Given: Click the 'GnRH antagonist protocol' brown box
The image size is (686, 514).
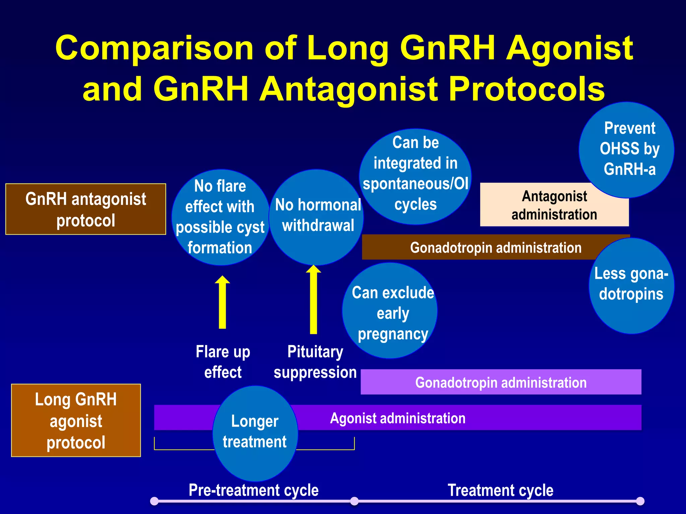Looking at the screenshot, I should (x=86, y=209).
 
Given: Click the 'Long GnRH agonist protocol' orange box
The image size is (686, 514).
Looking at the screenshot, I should (x=76, y=420).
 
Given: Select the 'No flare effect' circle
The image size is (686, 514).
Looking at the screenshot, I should (x=220, y=217).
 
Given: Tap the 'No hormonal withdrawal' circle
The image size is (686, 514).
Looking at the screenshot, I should (x=317, y=217).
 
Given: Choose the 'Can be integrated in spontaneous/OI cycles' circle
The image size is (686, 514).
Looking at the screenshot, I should (x=415, y=176).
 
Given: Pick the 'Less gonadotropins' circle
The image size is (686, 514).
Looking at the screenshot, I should (x=631, y=285).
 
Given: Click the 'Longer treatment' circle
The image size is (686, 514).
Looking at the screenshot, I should (x=255, y=433).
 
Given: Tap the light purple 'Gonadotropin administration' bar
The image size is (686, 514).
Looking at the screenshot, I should (x=501, y=382).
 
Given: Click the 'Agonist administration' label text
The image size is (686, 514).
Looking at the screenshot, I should (x=398, y=418).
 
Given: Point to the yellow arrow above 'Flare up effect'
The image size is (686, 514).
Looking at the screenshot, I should (x=222, y=303).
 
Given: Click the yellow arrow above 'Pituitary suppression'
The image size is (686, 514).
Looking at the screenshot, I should (x=314, y=299).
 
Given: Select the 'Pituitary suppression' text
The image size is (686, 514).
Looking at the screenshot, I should (x=315, y=362).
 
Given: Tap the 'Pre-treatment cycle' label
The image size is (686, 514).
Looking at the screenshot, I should (x=254, y=490).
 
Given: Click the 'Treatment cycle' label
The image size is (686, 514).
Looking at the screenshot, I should (x=500, y=490).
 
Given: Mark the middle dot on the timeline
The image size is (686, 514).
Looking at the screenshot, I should (x=354, y=501).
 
